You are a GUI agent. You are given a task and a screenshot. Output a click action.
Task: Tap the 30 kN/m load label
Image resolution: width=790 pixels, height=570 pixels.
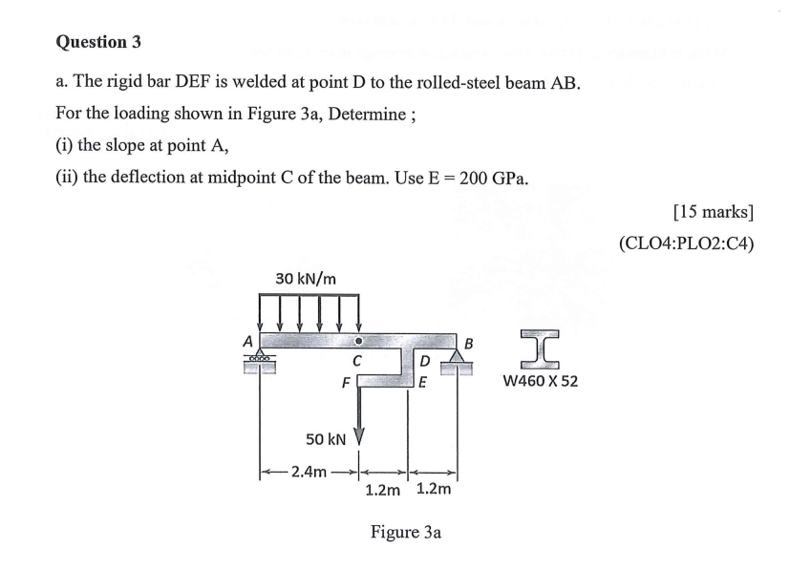[x=306, y=279]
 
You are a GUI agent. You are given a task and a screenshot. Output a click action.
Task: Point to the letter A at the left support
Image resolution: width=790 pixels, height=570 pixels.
[x=246, y=341]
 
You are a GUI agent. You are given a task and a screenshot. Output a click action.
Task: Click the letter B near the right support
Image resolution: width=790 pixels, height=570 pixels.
[x=468, y=342]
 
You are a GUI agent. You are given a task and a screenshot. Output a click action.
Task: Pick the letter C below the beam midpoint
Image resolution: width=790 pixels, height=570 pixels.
[x=355, y=361]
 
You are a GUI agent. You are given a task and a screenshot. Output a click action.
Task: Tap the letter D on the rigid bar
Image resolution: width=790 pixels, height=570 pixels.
[x=425, y=361]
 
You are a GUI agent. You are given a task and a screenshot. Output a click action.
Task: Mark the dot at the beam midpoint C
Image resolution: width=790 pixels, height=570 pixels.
[x=358, y=340]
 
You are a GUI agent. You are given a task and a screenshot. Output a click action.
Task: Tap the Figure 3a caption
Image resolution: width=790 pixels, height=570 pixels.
[x=405, y=532]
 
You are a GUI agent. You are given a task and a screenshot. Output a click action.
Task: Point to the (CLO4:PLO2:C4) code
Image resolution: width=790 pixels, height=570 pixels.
[x=686, y=242]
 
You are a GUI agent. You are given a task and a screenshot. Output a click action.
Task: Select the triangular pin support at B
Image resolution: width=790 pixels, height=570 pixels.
[x=459, y=355]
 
